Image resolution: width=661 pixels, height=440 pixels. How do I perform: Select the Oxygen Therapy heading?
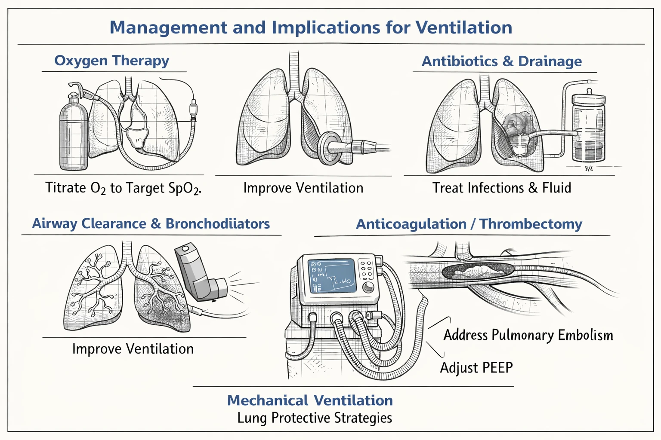click(111, 61)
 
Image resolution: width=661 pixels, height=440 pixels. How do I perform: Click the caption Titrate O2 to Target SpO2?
click(123, 188)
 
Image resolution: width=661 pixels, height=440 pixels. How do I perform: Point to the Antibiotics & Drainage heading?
click(501, 61)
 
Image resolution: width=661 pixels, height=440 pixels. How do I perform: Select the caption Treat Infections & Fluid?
click(501, 188)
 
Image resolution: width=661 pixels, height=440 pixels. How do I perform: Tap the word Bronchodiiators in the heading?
click(217, 223)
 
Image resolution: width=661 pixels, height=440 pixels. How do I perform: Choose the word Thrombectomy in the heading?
click(531, 224)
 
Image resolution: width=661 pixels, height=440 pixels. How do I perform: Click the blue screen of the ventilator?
click(332, 275)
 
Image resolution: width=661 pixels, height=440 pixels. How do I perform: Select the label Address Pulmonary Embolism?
click(528, 335)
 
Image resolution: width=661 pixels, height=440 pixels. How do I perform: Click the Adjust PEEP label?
click(476, 368)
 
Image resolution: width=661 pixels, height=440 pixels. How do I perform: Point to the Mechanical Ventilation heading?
click(310, 400)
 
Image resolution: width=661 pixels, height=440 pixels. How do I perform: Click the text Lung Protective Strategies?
click(315, 418)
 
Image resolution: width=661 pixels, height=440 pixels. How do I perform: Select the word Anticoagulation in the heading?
click(411, 224)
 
